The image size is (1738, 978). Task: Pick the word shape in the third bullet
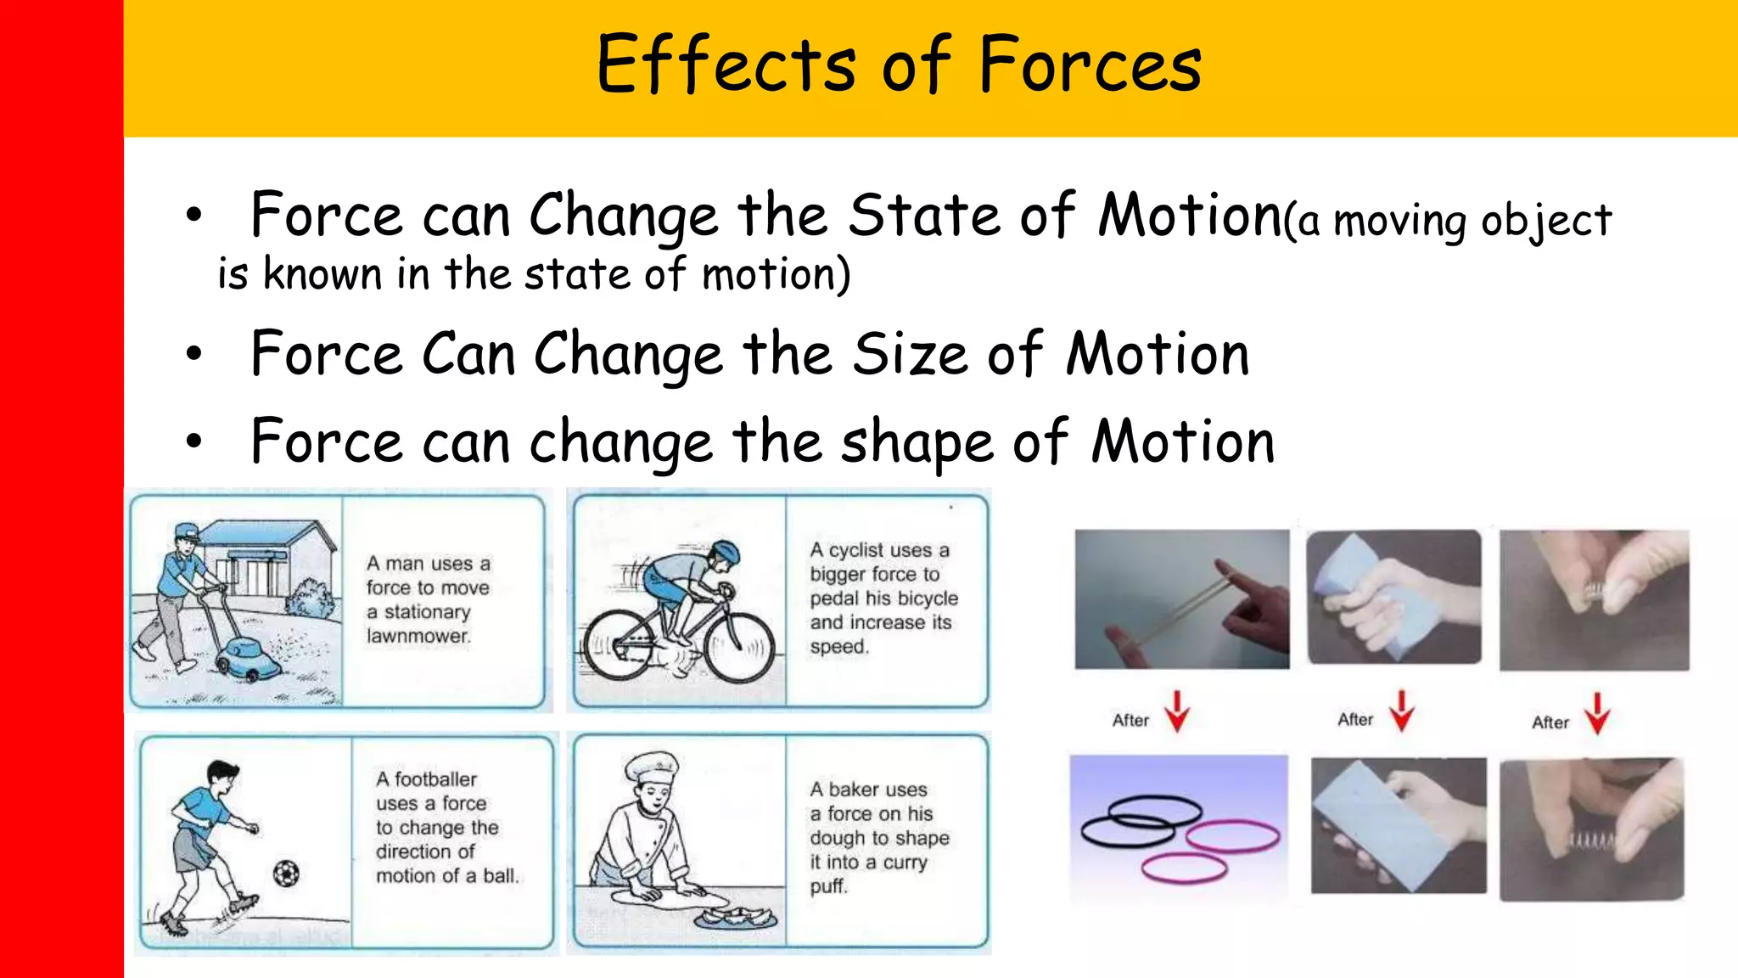(x=917, y=443)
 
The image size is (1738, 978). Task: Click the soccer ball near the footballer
(x=286, y=873)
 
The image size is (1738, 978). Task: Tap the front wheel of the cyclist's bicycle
(x=739, y=648)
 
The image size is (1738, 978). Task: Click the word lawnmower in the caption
(x=418, y=636)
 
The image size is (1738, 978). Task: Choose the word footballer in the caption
(x=435, y=779)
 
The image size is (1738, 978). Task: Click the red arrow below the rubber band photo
(x=1177, y=711)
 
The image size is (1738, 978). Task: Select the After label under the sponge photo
(x=1355, y=720)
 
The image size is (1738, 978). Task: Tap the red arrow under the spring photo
(x=1597, y=713)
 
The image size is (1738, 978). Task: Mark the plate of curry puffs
(x=735, y=918)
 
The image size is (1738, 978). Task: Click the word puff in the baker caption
(x=828, y=886)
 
